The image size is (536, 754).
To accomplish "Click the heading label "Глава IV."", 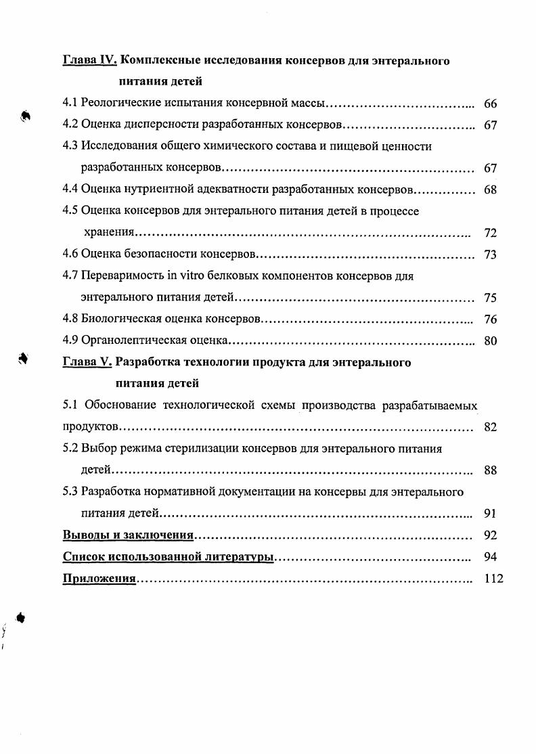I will pos(90,61).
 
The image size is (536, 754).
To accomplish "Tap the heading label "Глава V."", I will pos(87,362).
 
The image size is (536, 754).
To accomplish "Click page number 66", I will pos(491,104).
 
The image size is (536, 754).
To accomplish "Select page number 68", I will pos(491,190).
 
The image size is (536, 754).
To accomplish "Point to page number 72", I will pos(491,234).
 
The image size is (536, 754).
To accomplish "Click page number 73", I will pos(491,255).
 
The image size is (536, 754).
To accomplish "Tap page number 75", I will pos(491,298).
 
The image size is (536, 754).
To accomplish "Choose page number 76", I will pos(491,319).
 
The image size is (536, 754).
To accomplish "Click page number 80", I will pos(491,341).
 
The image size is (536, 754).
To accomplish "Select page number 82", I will pos(491,427).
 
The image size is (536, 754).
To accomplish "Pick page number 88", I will pos(491,470).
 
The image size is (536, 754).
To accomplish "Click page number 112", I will pos(494,579).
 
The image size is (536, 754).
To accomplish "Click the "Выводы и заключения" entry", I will pos(129,535).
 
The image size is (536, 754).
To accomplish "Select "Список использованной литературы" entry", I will pos(168,557).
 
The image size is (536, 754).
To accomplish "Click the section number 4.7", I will pos(70,276).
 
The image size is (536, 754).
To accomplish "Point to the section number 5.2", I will pos(70,448).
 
